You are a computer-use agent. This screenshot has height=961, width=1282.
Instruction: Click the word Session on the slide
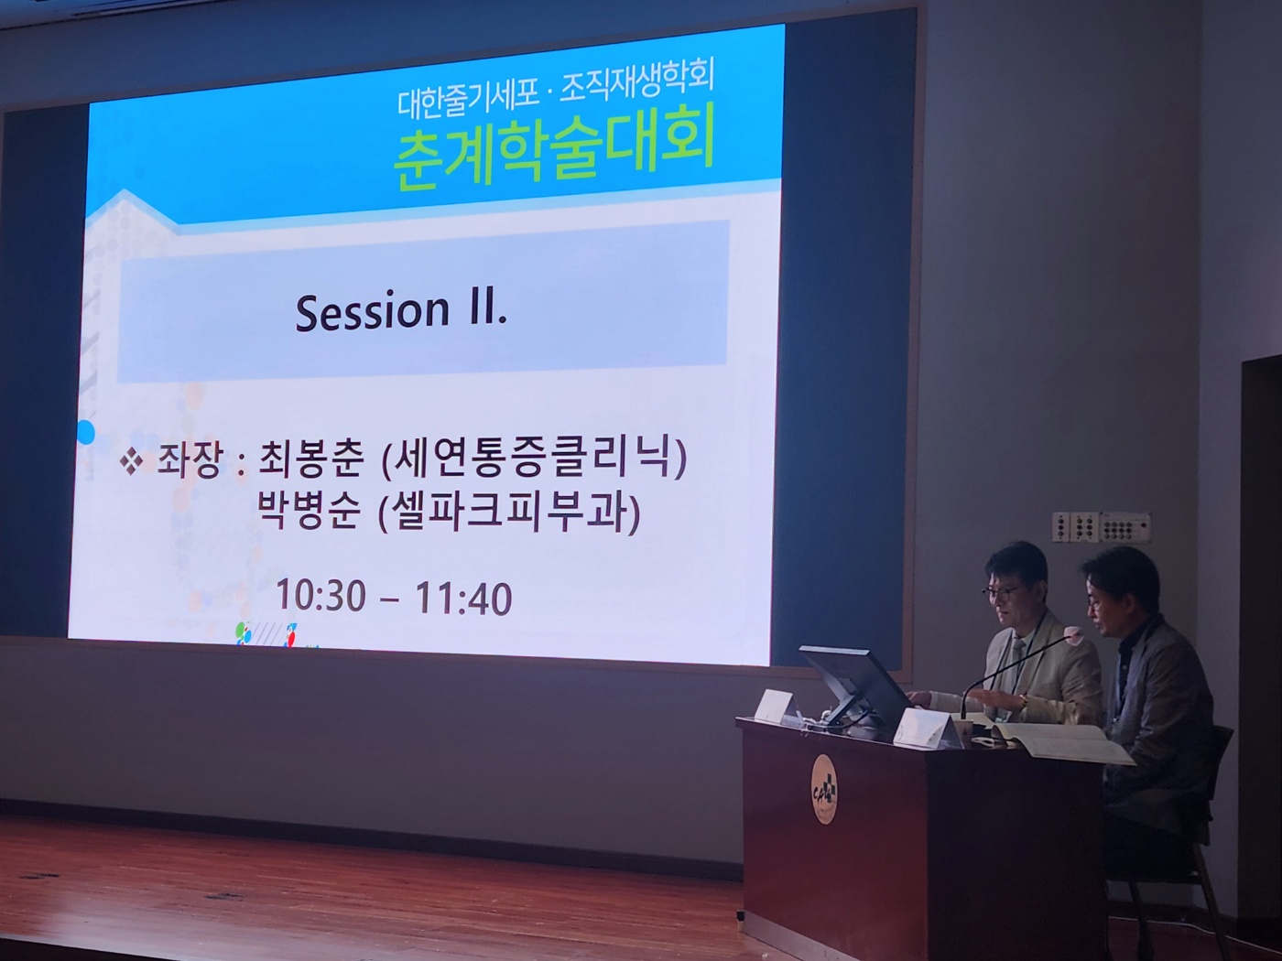coord(372,312)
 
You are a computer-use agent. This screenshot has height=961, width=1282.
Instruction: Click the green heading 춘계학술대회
coord(553,155)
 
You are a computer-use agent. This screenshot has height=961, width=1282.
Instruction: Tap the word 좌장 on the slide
coord(188,464)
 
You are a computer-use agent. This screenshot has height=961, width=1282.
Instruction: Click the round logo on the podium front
coord(823,789)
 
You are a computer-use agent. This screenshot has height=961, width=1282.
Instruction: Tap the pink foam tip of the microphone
coord(1070,632)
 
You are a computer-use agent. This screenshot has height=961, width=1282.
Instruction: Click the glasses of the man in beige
coord(1001,591)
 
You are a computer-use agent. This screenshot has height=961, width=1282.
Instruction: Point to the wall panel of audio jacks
coord(1101,528)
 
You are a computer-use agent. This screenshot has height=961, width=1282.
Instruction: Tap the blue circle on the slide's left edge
coord(85,432)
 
